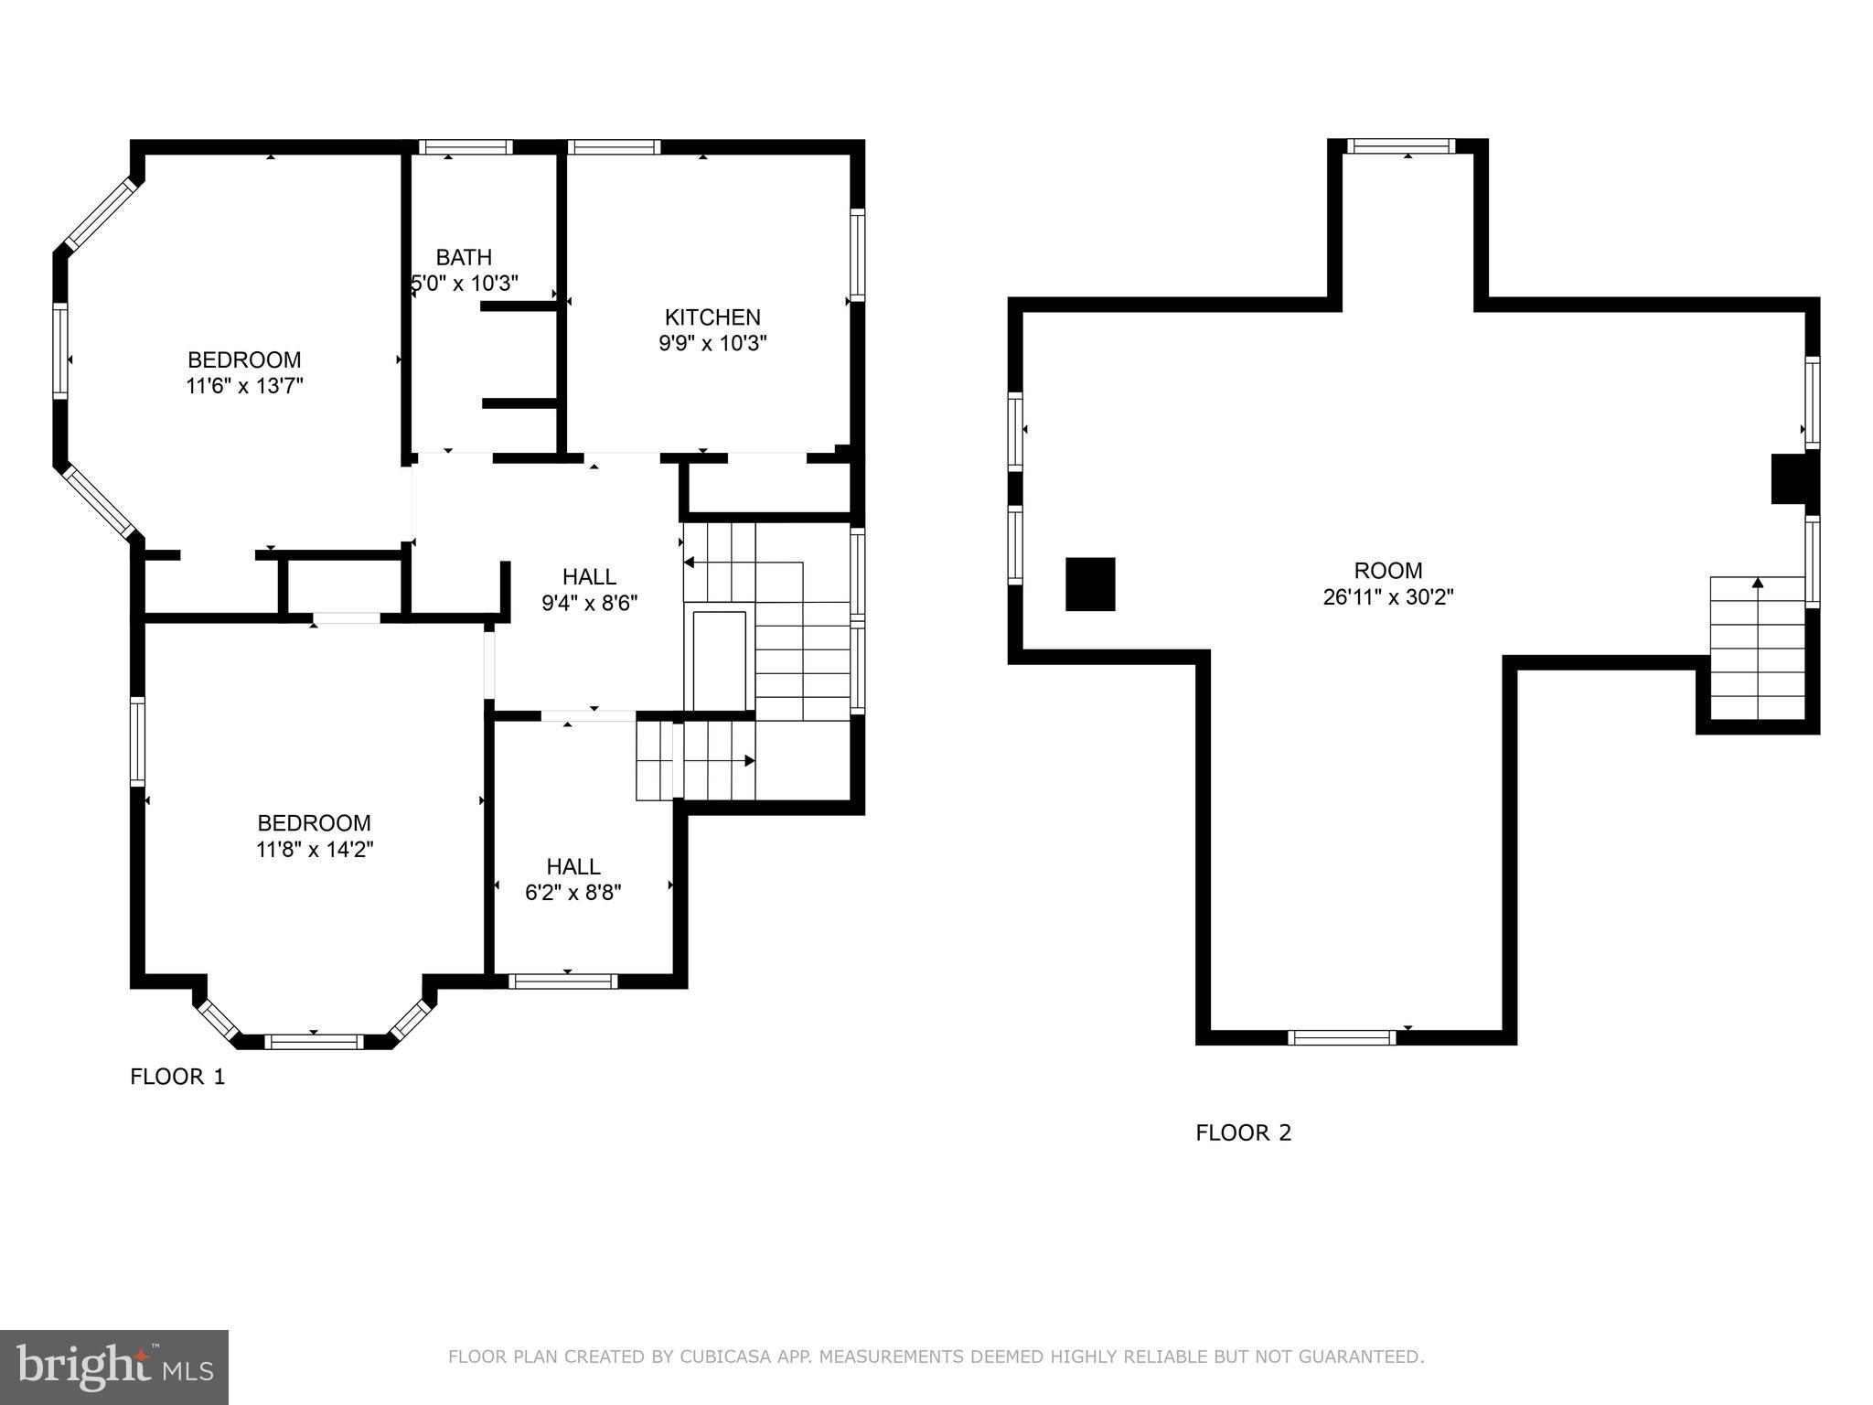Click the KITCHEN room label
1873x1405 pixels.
(712, 317)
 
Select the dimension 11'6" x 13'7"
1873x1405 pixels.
(244, 386)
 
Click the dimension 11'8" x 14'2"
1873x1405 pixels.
(315, 850)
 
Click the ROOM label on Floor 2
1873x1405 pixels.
(1387, 571)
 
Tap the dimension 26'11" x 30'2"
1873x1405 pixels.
(1387, 597)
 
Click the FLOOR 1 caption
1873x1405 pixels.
(177, 1077)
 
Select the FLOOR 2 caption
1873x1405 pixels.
(1243, 1132)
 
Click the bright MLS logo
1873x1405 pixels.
(114, 1367)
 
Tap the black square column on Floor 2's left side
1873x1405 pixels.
(1090, 584)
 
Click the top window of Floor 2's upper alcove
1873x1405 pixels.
(1400, 145)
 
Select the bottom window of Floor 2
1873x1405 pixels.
(1342, 1037)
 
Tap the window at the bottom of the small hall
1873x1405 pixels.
(562, 981)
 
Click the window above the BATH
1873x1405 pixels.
(466, 146)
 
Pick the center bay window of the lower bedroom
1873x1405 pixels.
(314, 1041)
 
